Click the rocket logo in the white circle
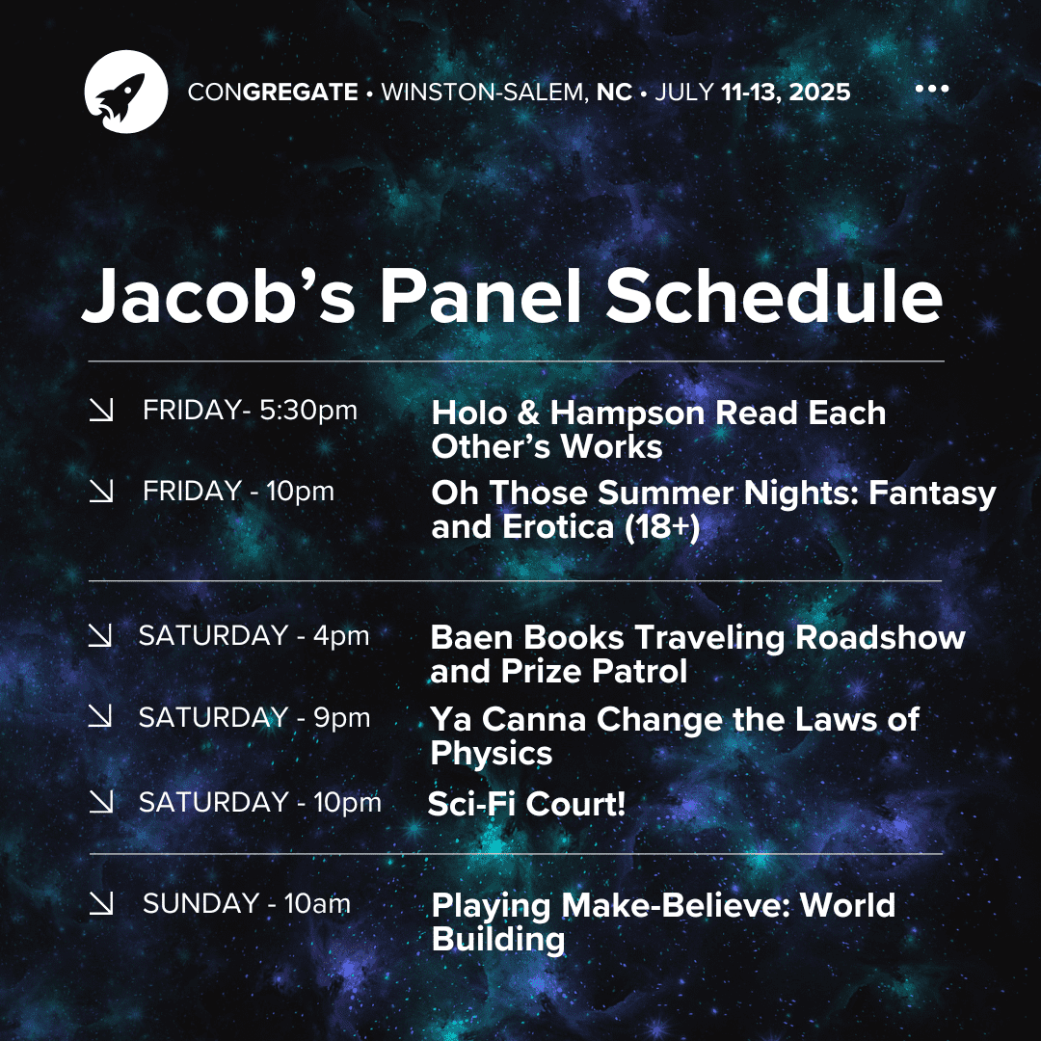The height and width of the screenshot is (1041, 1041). coord(126,92)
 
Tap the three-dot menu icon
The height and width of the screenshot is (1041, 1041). coord(931,89)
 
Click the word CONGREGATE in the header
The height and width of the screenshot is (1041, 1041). coord(273,92)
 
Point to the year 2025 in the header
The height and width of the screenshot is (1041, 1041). coord(819,92)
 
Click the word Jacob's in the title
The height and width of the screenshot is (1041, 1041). coord(219,296)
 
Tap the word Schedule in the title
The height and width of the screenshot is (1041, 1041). coord(774,296)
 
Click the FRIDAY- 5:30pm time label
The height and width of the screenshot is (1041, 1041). coord(250,411)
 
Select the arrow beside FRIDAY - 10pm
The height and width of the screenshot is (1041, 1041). coord(101,491)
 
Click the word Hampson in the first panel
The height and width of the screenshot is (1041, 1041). coord(627,413)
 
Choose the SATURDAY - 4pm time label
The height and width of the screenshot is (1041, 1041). coord(254,635)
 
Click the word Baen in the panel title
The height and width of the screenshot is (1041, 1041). coord(472,637)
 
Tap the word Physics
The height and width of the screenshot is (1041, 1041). coord(492,753)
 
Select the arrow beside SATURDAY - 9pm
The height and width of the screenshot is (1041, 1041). coord(100,715)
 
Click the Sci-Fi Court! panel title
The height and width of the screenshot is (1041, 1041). coord(526,804)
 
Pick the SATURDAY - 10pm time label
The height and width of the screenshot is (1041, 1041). coord(259,802)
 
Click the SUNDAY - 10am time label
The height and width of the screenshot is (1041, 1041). coord(247,903)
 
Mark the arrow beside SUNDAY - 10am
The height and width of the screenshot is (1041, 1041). coord(101,903)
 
